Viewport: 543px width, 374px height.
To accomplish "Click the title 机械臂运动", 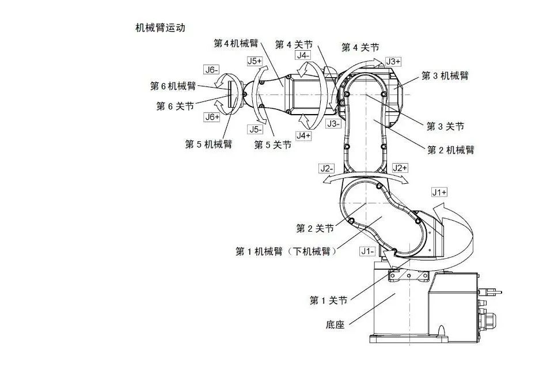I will click(x=160, y=28).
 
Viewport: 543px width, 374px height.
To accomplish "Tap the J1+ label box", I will click(x=439, y=192).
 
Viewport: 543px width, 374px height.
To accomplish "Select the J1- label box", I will click(x=367, y=251).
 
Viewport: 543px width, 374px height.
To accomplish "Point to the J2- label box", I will click(x=327, y=168).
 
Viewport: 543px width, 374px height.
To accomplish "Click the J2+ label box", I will click(x=400, y=168).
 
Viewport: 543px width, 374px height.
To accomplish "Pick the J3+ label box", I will click(x=393, y=61).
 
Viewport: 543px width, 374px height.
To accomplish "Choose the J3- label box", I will click(x=333, y=123).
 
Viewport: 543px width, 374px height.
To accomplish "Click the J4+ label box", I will click(x=303, y=135).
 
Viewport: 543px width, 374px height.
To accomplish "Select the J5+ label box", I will click(x=254, y=60).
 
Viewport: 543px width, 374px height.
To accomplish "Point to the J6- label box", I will click(x=212, y=70).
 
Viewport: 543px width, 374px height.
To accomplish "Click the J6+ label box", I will click(x=212, y=116).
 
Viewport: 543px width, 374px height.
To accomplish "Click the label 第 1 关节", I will click(x=328, y=300).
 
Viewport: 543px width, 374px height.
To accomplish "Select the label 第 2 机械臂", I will click(x=450, y=150).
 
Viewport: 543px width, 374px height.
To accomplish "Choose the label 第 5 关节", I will click(x=272, y=145).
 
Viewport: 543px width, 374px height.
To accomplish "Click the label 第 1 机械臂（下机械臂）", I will click(x=286, y=251).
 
